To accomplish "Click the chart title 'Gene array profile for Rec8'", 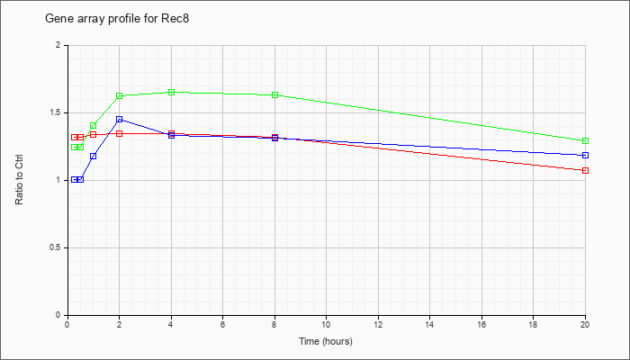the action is pyautogui.click(x=117, y=19).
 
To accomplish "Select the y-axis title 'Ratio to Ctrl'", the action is pyautogui.click(x=19, y=180).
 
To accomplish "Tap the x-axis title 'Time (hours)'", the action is pyautogui.click(x=326, y=341).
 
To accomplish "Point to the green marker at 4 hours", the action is pyautogui.click(x=172, y=92).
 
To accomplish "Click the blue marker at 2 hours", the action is pyautogui.click(x=120, y=120).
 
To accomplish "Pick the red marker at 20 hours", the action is pyautogui.click(x=585, y=170).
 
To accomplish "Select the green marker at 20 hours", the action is pyautogui.click(x=585, y=140).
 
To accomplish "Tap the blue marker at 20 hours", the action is pyautogui.click(x=585, y=155).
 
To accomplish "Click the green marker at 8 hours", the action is pyautogui.click(x=274, y=94).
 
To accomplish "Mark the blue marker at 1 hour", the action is pyautogui.click(x=94, y=156).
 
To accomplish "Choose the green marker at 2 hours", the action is pyautogui.click(x=120, y=95).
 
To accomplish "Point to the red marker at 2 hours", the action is pyautogui.click(x=120, y=133).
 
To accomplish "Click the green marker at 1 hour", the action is pyautogui.click(x=94, y=126).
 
